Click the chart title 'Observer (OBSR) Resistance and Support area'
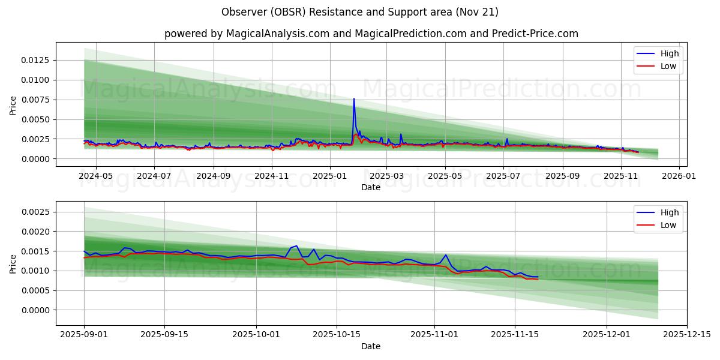[x=359, y=12]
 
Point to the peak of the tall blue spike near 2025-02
[x=354, y=99]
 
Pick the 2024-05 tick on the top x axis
[x=95, y=176]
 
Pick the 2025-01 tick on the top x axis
[x=330, y=176]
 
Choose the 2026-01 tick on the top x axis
[x=679, y=176]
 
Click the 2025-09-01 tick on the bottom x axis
[x=84, y=335]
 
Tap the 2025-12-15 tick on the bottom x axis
[x=687, y=335]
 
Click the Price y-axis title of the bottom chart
[x=13, y=263]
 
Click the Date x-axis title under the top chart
[x=371, y=187]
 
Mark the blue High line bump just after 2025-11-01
[x=446, y=255]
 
